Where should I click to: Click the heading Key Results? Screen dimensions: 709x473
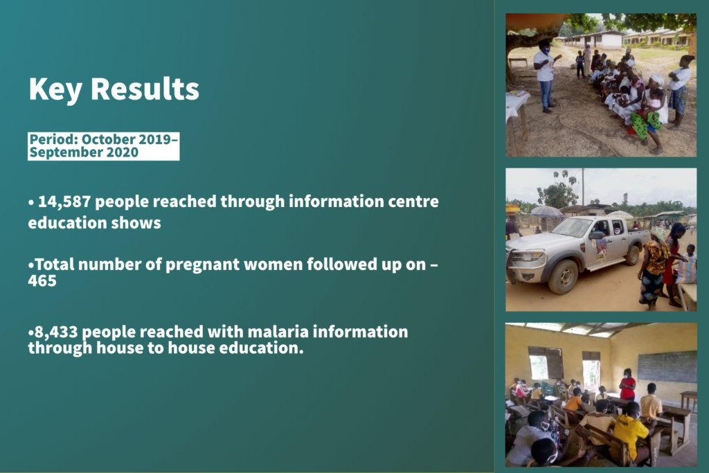click(x=114, y=89)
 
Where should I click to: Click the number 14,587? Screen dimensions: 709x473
click(x=64, y=202)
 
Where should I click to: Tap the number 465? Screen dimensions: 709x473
click(x=42, y=280)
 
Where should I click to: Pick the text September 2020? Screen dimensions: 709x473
click(x=84, y=152)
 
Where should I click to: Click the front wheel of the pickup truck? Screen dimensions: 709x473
click(x=562, y=276)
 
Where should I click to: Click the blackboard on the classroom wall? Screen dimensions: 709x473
click(x=667, y=367)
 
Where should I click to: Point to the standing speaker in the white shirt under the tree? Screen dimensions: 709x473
click(x=546, y=77)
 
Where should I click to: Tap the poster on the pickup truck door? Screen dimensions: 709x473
click(x=600, y=249)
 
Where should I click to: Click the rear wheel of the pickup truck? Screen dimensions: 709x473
click(x=631, y=255)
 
